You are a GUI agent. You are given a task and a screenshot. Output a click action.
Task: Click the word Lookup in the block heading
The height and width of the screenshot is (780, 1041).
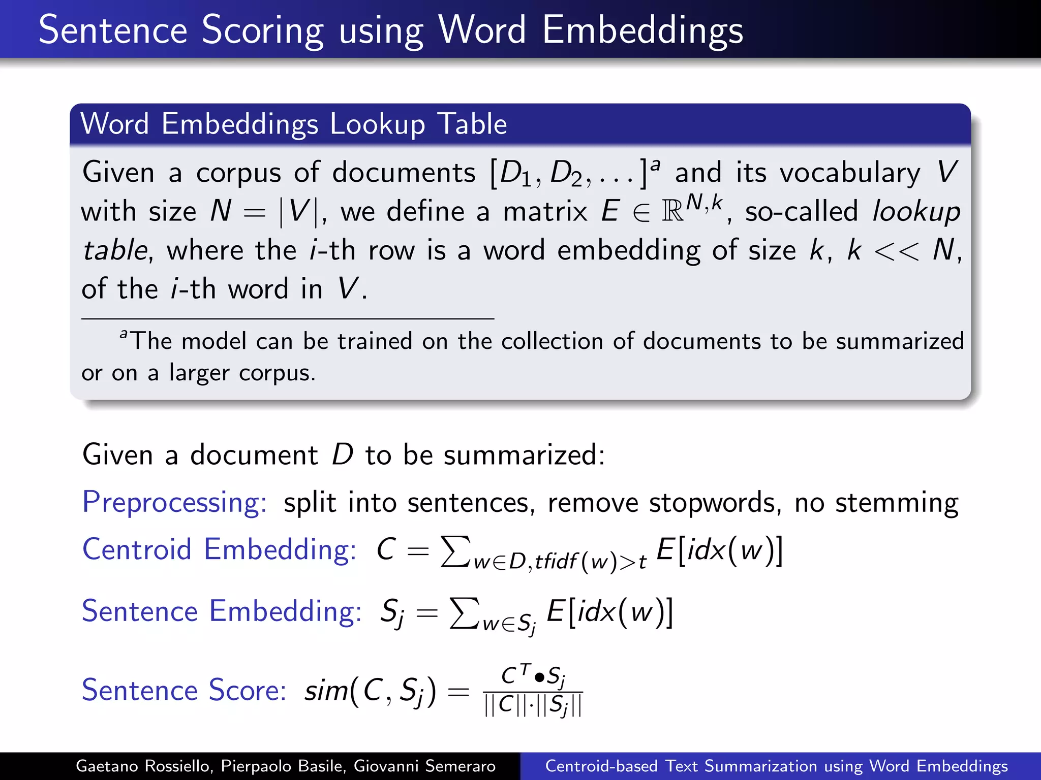377,124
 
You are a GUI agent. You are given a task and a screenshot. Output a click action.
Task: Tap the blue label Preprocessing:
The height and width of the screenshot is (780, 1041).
174,503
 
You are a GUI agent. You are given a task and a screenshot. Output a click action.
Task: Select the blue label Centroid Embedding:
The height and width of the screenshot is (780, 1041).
219,550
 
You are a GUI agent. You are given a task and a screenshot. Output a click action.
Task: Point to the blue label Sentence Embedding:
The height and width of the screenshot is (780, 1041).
222,611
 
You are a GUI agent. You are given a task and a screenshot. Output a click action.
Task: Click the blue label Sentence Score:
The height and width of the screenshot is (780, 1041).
184,690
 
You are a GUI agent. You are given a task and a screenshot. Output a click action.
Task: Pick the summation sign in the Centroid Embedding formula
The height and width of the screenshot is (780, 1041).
455,551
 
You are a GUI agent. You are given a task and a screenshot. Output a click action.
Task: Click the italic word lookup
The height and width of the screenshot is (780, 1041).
916,212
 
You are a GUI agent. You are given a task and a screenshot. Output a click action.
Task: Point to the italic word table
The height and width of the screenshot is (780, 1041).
115,250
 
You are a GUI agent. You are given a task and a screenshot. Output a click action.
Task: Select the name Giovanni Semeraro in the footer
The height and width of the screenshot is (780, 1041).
424,766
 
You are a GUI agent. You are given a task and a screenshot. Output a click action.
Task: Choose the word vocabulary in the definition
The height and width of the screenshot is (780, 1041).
850,173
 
